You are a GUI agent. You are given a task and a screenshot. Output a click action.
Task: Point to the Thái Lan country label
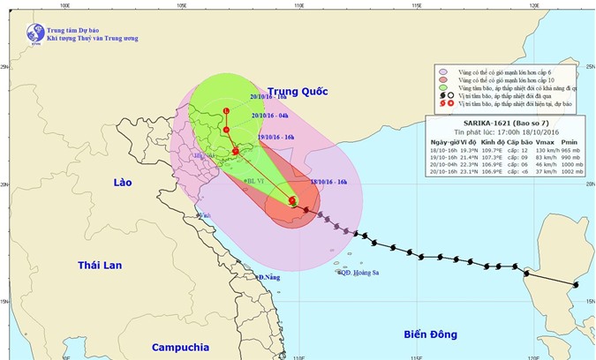tap(99, 265)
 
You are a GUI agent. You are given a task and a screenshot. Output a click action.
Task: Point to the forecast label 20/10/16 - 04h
tap(270, 115)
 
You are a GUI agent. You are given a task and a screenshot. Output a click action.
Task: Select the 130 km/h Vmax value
tap(542, 150)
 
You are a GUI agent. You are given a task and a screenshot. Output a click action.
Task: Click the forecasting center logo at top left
tap(34, 34)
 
